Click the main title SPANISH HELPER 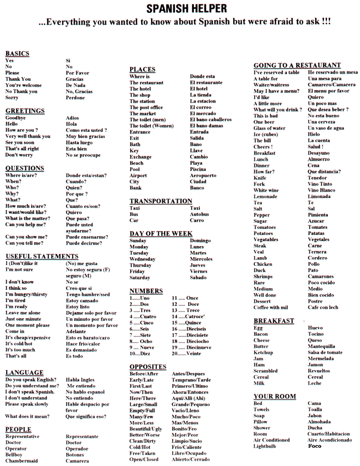pos(186,8)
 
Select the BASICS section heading pos(17,54)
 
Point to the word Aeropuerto pos(203,175)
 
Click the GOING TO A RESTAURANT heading pos(297,65)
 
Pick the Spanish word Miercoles pos(201,259)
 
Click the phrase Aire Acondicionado pos(330,440)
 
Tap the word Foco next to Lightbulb pos(315,446)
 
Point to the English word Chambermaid pos(22,460)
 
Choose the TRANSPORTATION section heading pos(161,201)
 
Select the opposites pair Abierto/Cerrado pos(191,459)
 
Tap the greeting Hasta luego pos(79,142)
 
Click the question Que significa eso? pos(86,416)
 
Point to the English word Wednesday pos(142,259)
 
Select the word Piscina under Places pos(198,169)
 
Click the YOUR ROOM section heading pos(275,396)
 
